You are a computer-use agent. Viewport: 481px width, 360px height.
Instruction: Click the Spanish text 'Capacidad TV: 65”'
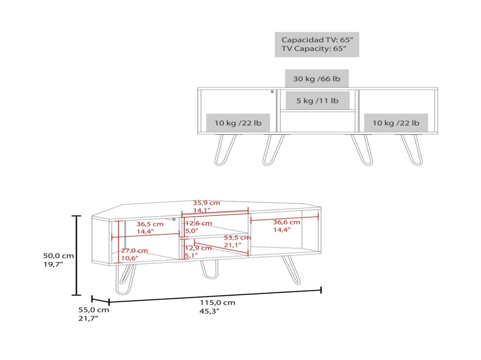click(317, 40)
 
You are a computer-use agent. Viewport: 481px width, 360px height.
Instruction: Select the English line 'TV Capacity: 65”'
click(314, 48)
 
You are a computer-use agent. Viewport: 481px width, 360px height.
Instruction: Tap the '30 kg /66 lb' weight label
click(317, 79)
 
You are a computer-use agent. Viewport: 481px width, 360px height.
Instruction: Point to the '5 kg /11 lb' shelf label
click(317, 100)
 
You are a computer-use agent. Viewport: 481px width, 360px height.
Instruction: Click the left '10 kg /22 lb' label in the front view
click(238, 123)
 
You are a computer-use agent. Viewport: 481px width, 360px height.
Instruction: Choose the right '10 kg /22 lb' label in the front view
click(396, 123)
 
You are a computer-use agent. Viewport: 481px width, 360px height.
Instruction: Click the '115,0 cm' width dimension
click(217, 303)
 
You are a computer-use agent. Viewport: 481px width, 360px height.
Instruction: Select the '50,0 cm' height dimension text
click(58, 256)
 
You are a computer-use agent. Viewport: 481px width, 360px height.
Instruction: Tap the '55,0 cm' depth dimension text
click(93, 310)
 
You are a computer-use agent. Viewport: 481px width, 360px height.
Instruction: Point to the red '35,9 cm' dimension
click(206, 203)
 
